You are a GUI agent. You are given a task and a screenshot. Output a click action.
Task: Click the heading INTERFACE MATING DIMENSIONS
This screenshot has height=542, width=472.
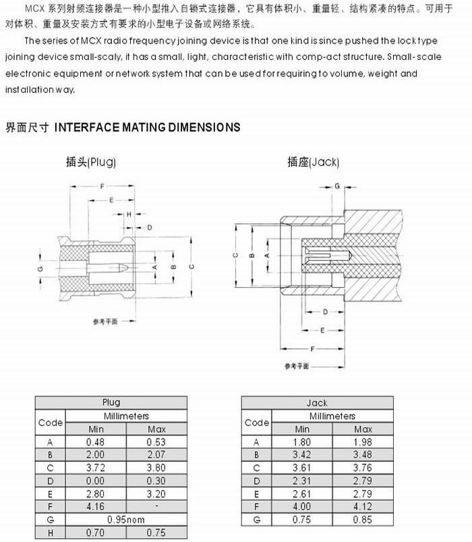pos(146,127)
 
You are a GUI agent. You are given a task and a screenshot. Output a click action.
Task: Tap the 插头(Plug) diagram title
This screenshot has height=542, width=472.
pos(91,162)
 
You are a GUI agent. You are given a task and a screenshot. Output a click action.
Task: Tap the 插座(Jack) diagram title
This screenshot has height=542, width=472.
pos(313,162)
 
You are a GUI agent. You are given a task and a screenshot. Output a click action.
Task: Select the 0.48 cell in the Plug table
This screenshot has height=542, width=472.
pos(96,442)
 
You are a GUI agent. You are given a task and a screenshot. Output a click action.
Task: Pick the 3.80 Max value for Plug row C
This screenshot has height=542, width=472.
pos(156,467)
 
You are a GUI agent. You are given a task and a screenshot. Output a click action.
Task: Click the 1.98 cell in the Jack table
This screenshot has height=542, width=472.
pos(363,442)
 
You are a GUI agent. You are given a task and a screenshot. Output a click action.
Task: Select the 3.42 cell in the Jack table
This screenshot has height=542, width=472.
pos(302,455)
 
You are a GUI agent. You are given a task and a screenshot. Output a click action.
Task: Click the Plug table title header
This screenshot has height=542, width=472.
pos(111,403)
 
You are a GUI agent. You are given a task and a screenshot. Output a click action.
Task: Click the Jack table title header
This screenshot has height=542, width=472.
pos(317,403)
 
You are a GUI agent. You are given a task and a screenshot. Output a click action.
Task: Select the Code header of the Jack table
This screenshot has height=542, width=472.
pos(256,423)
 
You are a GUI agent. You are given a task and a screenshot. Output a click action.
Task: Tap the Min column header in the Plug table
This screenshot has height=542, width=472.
pos(96,429)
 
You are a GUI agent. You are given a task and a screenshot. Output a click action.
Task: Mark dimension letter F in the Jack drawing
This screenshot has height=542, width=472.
pos(314,350)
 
